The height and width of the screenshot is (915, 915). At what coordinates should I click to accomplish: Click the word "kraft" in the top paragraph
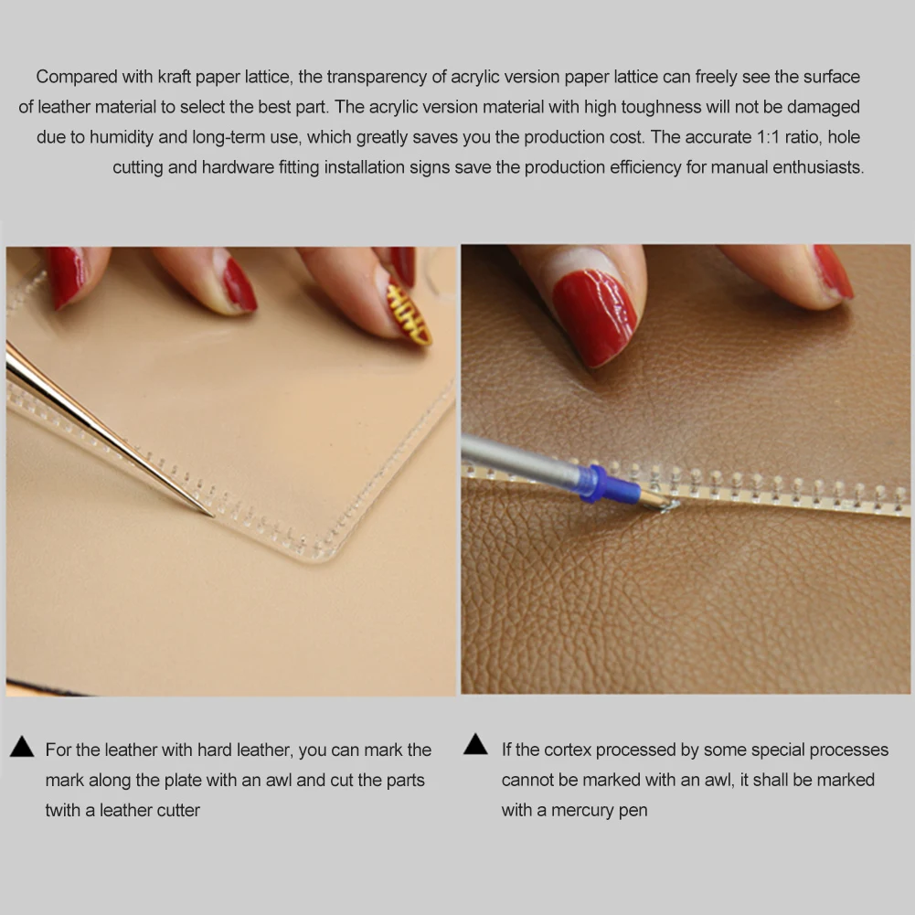tap(175, 77)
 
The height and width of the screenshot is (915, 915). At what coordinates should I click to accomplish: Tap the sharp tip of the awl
tap(213, 516)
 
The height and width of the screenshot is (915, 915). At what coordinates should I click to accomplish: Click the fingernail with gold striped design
tap(410, 313)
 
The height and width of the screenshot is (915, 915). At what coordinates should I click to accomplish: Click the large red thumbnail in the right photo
tap(595, 315)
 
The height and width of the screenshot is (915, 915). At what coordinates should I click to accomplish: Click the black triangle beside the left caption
tap(22, 747)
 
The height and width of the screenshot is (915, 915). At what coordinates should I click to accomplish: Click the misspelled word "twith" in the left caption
tap(62, 811)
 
